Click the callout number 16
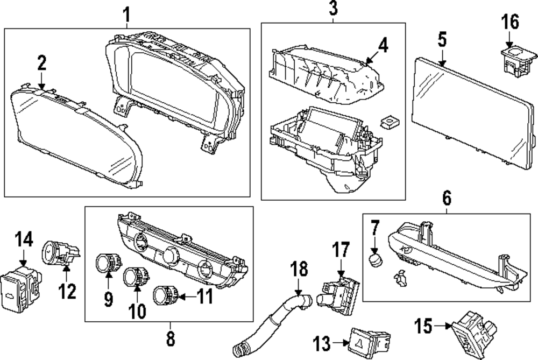511,23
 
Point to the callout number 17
341,251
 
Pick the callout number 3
333,9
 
